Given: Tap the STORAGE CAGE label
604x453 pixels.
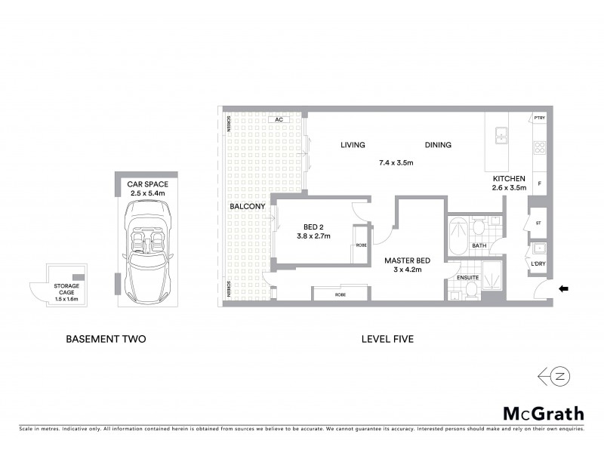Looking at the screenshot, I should point(66,290).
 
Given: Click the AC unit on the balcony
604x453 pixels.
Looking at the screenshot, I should point(278,119).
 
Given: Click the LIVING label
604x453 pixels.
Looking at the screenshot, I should point(353,145).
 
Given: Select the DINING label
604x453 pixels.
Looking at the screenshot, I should point(438,145).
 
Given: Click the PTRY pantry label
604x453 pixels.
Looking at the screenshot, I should point(539,119).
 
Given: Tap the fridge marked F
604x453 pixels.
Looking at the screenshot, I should point(539,183).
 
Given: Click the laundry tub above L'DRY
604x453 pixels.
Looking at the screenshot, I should point(539,249).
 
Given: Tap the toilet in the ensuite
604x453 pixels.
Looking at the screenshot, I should point(471,288).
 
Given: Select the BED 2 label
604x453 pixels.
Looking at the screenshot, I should point(314,226).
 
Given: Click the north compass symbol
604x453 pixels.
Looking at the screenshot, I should point(561,375).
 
